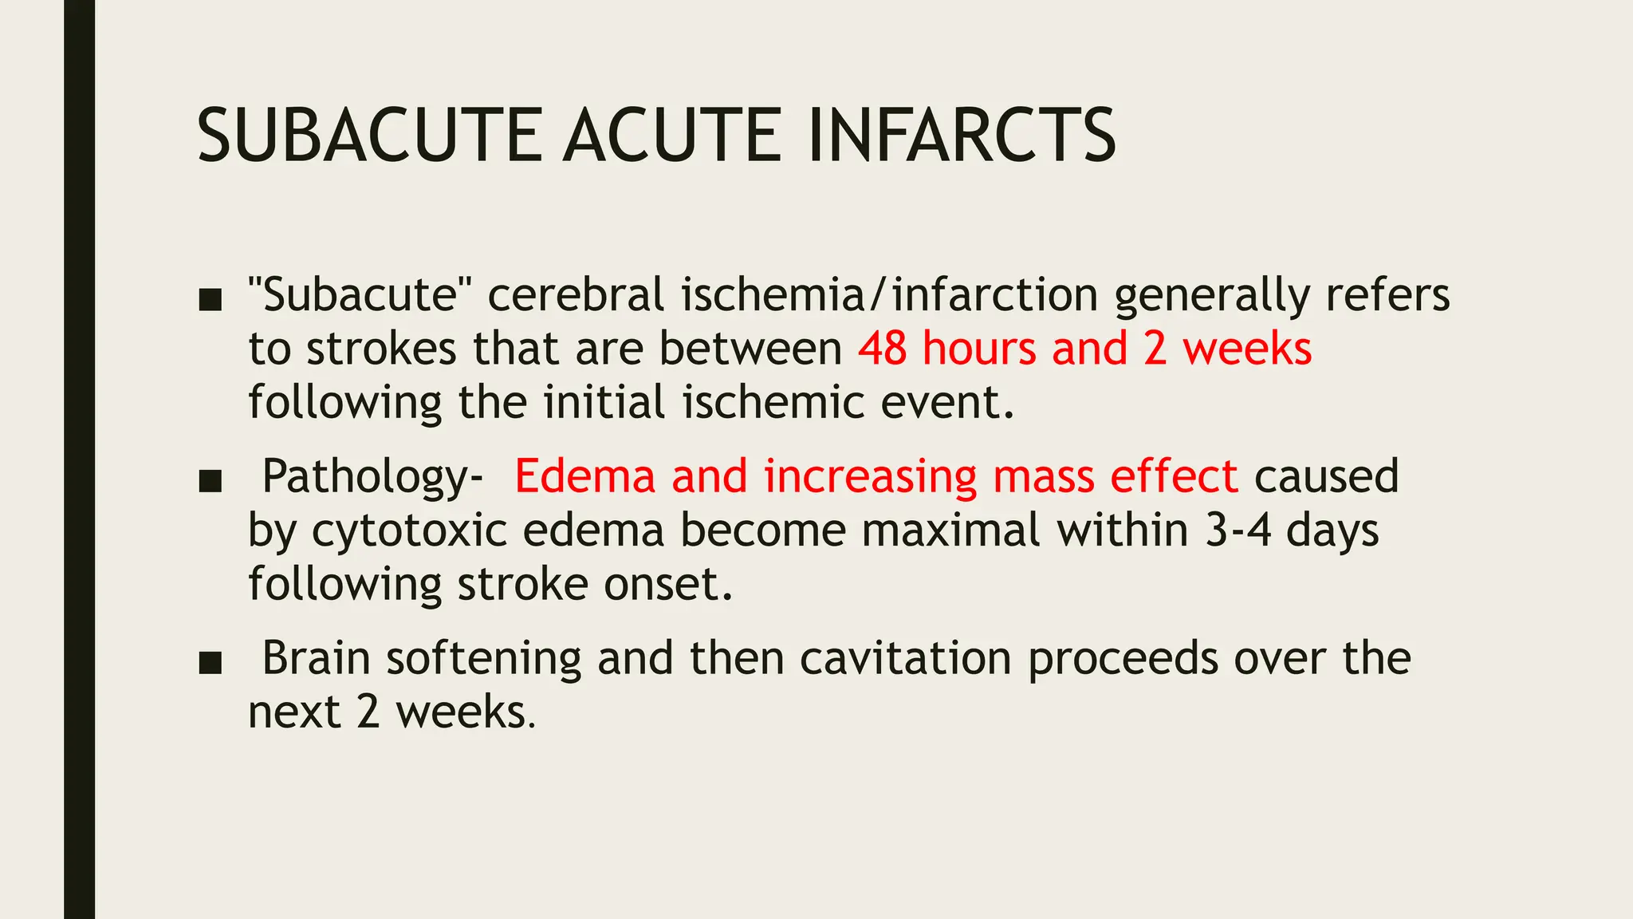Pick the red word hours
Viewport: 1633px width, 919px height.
coord(979,349)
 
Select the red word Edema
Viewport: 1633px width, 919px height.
coord(584,476)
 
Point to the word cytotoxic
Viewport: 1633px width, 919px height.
coord(409,530)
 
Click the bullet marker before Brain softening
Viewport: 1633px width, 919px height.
coord(210,663)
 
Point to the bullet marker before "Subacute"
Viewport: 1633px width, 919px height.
coord(210,299)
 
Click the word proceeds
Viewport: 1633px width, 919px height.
coord(1123,660)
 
